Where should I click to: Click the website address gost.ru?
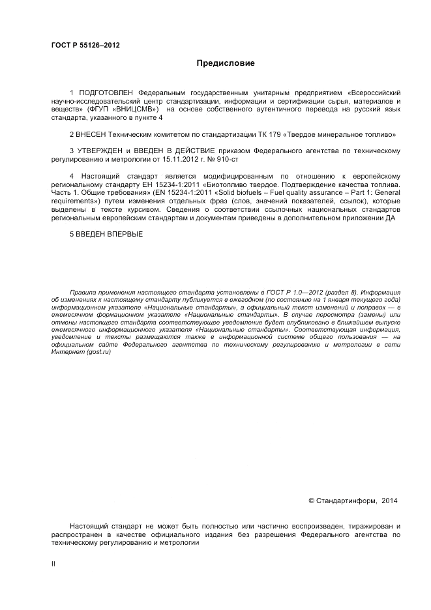pos(96,352)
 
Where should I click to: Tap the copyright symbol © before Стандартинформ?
pos(311,501)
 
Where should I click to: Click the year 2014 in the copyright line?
pos(389,501)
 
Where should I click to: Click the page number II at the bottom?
pos(53,565)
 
